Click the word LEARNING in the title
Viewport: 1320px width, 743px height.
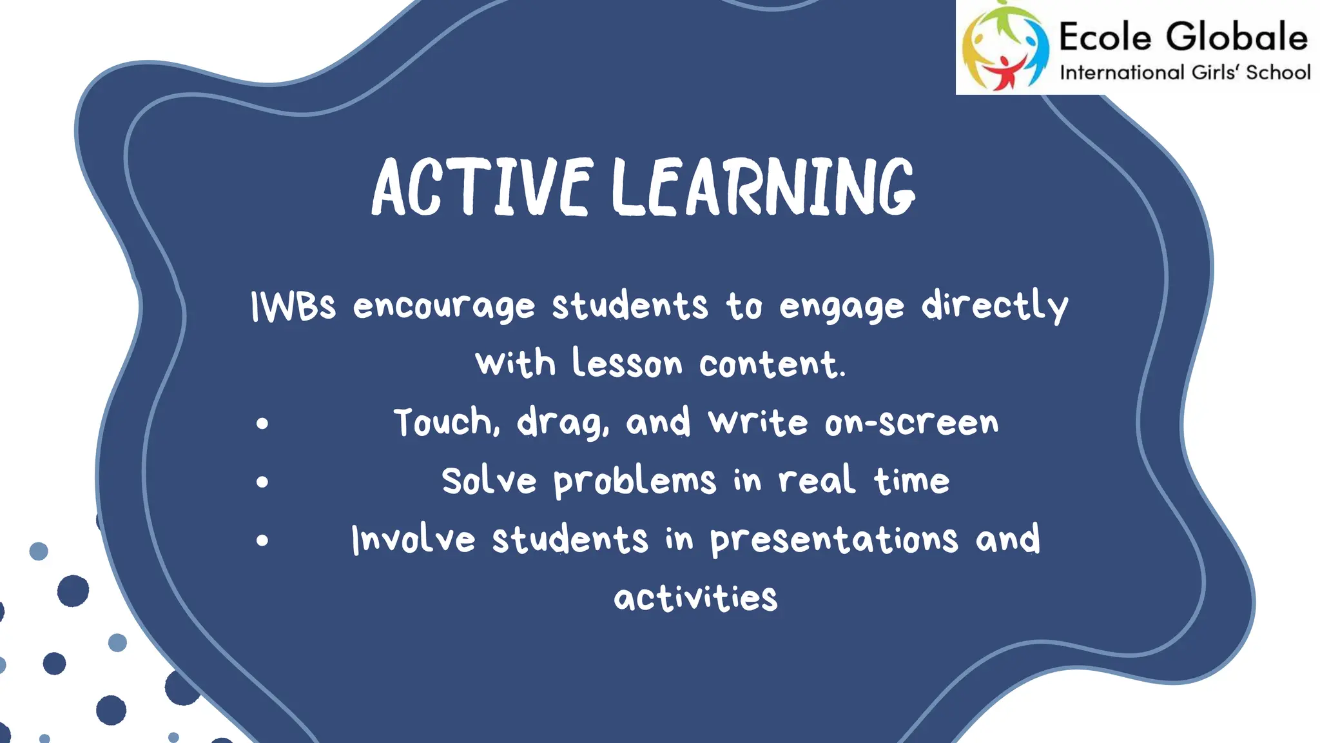[x=763, y=187]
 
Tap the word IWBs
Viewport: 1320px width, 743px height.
[x=293, y=306]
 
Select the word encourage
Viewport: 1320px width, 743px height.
[x=444, y=307]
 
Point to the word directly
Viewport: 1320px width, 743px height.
[x=995, y=306]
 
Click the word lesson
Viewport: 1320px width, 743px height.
[x=627, y=364]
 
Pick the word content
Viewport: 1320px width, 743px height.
[x=772, y=364]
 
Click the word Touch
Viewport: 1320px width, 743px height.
[x=447, y=422]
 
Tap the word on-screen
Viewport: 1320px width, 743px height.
[x=911, y=423]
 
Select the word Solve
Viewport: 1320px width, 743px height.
[x=489, y=481]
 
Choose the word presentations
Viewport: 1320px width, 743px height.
[x=834, y=540]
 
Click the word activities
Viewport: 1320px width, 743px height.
[x=695, y=598]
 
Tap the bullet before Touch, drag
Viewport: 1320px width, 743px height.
[x=262, y=424]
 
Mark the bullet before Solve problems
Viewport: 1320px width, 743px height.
[x=262, y=482]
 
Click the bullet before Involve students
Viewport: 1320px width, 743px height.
[x=262, y=540]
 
